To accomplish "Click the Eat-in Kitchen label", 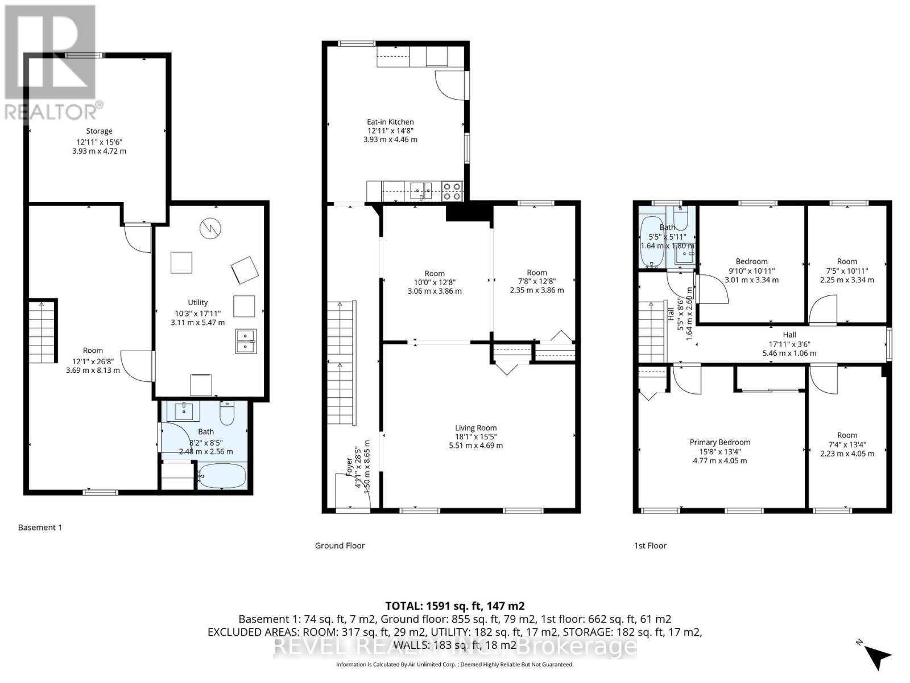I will tap(390, 122).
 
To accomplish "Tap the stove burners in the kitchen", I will tap(452, 191).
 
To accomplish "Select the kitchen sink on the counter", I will tap(421, 190).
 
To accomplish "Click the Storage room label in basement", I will tap(99, 131).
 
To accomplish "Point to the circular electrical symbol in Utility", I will tap(208, 229).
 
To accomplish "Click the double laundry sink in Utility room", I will tap(246, 341).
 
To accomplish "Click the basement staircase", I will tap(43, 331).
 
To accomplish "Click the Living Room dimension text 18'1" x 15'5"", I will tap(475, 437).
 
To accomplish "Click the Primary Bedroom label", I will tap(719, 442).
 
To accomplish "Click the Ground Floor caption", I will tap(340, 545).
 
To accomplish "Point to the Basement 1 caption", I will tap(40, 527).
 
